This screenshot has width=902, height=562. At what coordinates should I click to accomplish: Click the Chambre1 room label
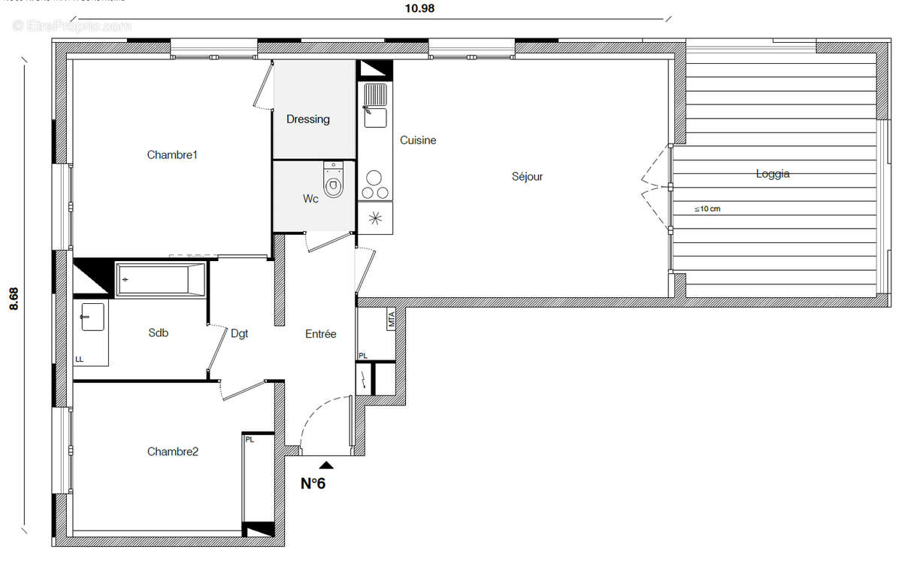171,155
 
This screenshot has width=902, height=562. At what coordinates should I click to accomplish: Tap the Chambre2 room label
172,451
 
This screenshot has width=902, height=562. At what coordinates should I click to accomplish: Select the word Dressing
307,119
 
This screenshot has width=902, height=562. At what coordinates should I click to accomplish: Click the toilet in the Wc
332,180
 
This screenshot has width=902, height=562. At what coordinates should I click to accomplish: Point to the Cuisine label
418,140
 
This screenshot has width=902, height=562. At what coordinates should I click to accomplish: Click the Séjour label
527,177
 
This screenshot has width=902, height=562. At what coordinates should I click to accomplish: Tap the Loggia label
773,174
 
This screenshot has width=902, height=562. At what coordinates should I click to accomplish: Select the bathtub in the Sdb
161,279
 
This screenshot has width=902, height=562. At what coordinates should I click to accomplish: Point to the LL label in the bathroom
79,360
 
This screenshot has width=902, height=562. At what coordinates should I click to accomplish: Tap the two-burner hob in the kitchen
374,184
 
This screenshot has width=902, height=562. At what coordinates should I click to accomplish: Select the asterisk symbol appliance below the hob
375,218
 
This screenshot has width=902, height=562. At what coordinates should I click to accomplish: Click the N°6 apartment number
313,484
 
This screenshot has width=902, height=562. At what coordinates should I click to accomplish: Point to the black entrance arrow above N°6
325,466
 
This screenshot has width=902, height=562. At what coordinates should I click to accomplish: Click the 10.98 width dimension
419,9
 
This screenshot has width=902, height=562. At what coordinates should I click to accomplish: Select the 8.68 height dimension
13,298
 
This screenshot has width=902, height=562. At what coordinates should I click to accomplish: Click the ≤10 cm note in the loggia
707,209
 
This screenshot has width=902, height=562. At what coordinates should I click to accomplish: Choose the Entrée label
320,334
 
